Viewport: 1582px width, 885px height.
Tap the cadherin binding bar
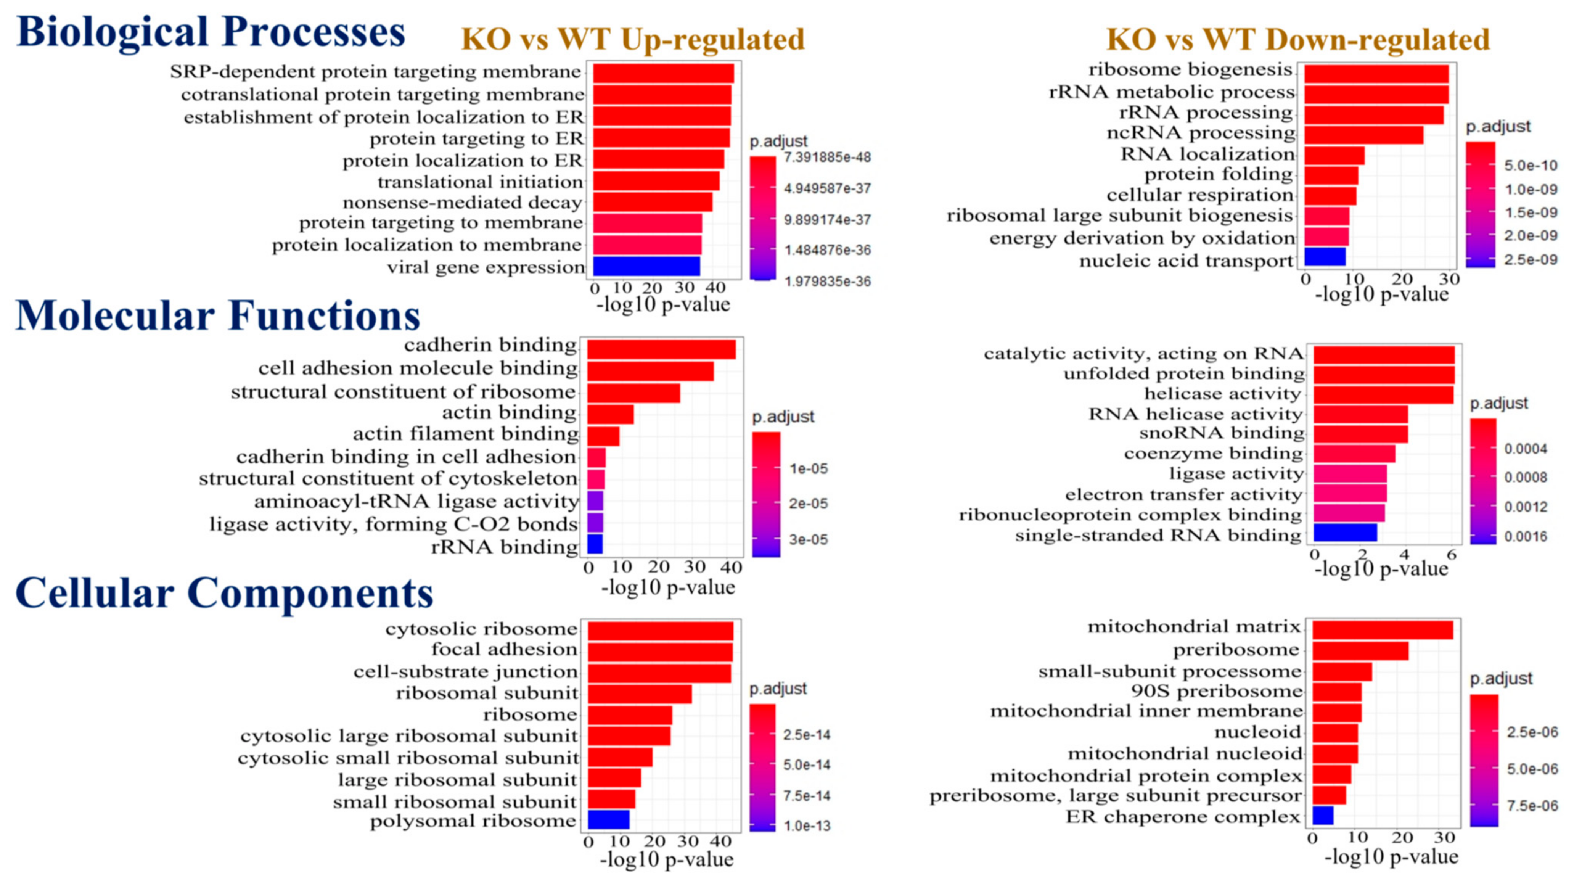(x=661, y=349)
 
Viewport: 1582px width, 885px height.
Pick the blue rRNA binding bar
(x=595, y=544)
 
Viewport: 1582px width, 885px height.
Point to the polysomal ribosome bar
(x=608, y=820)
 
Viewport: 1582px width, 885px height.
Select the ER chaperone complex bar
(x=1323, y=816)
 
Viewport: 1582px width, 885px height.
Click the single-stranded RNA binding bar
(x=1345, y=533)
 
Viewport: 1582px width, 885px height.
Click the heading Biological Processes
(x=211, y=32)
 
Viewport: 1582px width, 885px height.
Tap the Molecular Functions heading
(x=218, y=316)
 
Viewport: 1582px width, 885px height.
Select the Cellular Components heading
(x=224, y=593)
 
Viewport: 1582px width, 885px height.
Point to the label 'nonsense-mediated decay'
(x=462, y=202)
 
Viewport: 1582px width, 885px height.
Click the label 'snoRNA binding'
(x=1222, y=433)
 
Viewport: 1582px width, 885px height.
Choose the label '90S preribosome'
(x=1216, y=691)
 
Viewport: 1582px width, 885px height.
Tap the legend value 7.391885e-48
(x=827, y=157)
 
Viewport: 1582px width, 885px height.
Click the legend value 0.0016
(x=1526, y=536)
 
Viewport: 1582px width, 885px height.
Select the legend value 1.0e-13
(x=807, y=825)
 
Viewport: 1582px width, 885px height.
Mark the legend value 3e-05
(x=808, y=539)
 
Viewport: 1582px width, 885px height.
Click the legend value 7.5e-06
(x=1532, y=805)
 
